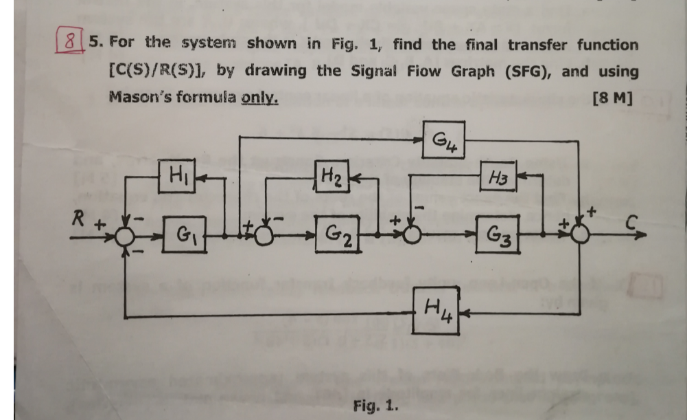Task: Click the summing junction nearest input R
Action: pos(125,236)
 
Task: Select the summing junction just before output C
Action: pos(581,235)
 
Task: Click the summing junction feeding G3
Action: pos(412,235)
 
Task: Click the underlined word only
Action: pos(259,98)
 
